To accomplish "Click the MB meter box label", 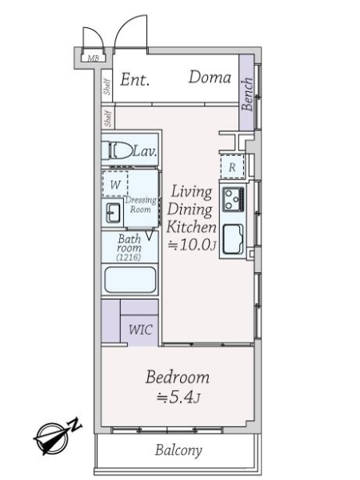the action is (x=93, y=58).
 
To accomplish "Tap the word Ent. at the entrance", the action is (x=134, y=79).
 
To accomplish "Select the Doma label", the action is (x=210, y=77).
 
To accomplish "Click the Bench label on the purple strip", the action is (x=247, y=94).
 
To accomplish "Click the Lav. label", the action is (x=145, y=151).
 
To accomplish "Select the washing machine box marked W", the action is (x=115, y=184).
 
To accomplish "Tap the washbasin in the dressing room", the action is (x=113, y=213).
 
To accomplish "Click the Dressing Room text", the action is (x=141, y=205).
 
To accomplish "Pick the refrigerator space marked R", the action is (x=232, y=167).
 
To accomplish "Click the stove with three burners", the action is (x=234, y=199).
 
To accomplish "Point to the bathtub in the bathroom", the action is (x=130, y=280).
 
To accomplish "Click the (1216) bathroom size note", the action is (x=129, y=257).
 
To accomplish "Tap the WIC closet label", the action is (x=141, y=330).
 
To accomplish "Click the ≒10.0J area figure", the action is (x=192, y=244).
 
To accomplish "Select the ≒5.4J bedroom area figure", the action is (x=178, y=398).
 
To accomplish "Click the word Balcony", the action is (x=178, y=450).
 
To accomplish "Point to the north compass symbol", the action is (x=57, y=436).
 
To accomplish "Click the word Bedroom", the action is (x=178, y=377).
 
